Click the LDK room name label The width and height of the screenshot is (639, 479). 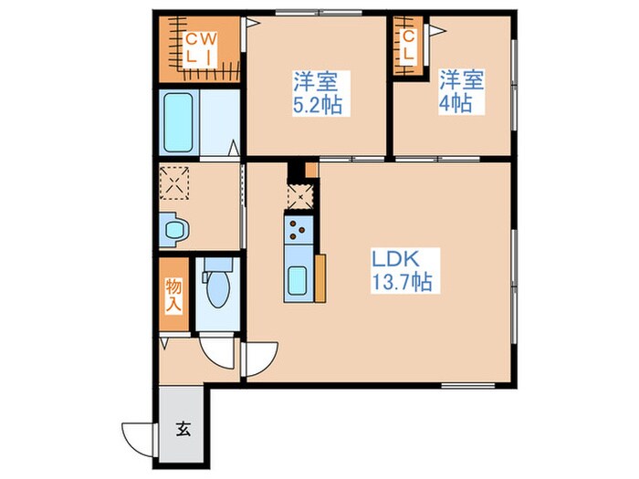point(395,258)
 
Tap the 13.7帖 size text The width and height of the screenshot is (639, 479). point(402,281)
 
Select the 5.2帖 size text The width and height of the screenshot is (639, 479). point(318,106)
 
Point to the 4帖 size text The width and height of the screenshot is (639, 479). point(456,103)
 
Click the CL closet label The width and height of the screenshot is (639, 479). point(408,46)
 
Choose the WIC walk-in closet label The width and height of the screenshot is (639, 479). point(201,49)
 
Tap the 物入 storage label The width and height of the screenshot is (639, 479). point(173,296)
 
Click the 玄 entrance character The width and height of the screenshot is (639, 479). point(183,429)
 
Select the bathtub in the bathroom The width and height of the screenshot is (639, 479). point(178,122)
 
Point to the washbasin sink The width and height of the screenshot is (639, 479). point(176,230)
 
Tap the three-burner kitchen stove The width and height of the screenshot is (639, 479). point(299,230)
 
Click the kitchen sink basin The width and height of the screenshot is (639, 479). point(297,280)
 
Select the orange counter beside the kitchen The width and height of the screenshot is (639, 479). point(320,278)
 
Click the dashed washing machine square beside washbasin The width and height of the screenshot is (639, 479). point(174,182)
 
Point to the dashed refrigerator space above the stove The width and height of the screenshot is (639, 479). point(300,197)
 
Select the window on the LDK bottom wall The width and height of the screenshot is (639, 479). point(468,385)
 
